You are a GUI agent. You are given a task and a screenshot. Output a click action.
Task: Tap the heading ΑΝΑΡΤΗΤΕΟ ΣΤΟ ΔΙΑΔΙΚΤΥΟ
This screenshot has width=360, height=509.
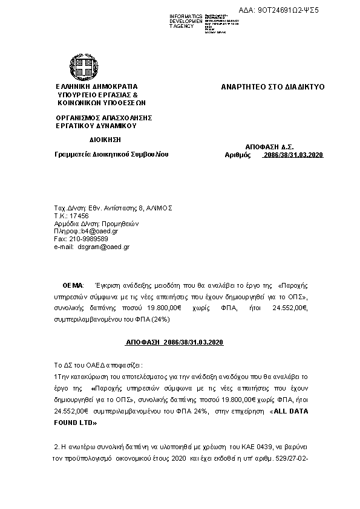pos(273,87)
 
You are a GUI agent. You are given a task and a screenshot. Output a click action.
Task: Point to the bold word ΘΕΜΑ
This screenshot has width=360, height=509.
pos(73,285)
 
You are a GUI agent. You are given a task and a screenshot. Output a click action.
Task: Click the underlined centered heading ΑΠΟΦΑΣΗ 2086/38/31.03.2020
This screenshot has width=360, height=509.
pos(175,343)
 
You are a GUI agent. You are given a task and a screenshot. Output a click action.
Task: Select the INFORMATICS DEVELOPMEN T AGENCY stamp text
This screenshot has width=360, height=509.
pos(186,21)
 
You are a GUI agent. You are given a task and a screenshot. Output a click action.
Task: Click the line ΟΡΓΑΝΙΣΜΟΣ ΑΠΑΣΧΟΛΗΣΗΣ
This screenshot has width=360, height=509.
pos(103,118)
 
